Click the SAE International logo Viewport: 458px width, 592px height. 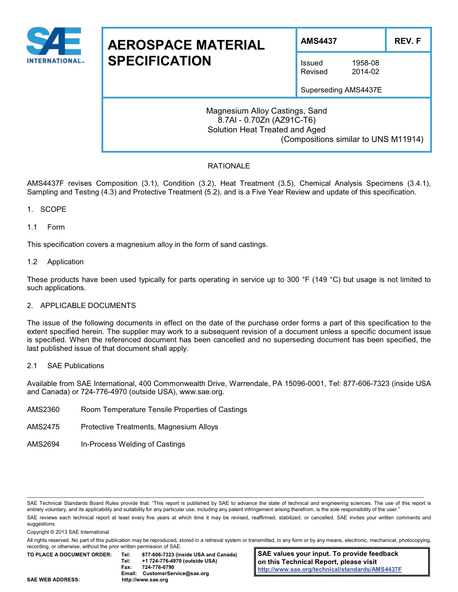point(54,45)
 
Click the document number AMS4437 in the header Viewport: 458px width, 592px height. point(319,41)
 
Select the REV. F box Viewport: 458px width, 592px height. point(407,41)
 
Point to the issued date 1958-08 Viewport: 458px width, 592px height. point(365,63)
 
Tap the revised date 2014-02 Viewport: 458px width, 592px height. point(365,72)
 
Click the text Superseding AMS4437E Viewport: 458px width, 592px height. point(341,90)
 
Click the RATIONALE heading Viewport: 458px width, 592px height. point(229,166)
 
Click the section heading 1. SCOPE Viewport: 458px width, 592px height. point(47,209)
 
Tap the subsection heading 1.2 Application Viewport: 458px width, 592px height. point(55,262)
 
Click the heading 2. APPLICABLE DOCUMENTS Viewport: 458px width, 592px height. point(81,306)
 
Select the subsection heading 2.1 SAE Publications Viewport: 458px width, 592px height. point(66,366)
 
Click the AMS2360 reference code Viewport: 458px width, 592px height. point(43,410)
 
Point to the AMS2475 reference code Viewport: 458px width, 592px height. point(43,427)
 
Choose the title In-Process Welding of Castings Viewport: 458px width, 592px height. point(133,444)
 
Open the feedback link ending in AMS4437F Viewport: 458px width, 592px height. point(329,569)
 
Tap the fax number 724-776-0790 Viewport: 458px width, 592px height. point(158,567)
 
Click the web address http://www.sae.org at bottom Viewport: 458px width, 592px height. point(145,579)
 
